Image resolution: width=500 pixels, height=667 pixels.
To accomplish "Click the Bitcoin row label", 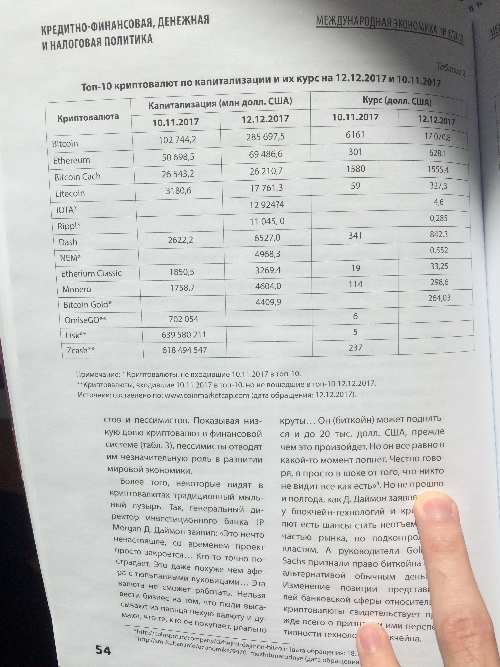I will (65, 143).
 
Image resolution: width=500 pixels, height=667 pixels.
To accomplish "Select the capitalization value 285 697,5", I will (265, 137).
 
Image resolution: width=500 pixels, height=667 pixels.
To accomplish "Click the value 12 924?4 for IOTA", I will (267, 205).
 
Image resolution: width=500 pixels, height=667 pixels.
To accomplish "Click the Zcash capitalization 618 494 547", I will (184, 350).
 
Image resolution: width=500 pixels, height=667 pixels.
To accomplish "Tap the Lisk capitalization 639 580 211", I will (184, 334).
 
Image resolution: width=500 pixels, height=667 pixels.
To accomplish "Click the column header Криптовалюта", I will (88, 117).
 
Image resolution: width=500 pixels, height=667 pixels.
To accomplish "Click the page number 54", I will (103, 650).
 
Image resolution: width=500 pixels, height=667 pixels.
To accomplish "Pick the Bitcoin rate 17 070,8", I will (437, 137).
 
